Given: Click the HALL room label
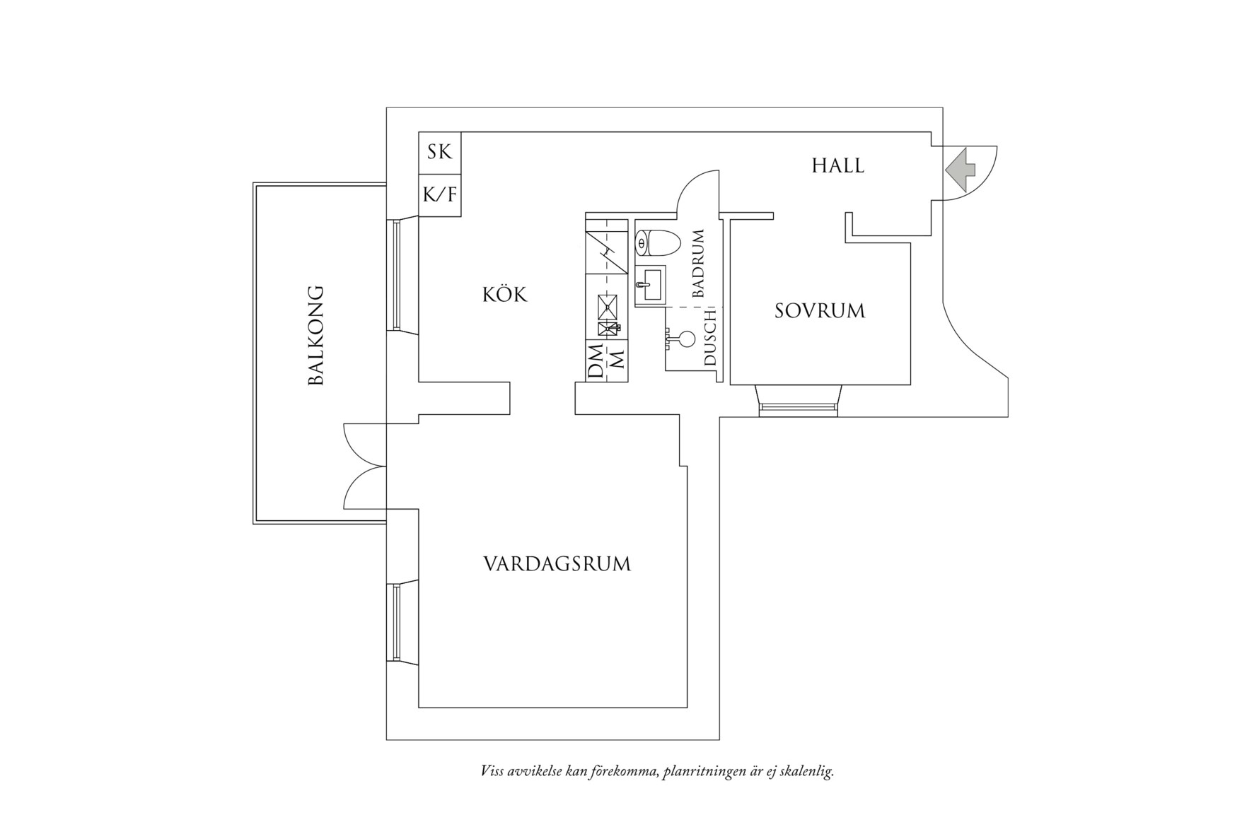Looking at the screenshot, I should pyautogui.click(x=837, y=165).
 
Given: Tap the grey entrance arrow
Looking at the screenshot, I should pyautogui.click(x=960, y=169).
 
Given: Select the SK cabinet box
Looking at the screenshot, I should pyautogui.click(x=439, y=152).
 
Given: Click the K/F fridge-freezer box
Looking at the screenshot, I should pyautogui.click(x=439, y=194).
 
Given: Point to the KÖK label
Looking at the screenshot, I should pyautogui.click(x=505, y=294).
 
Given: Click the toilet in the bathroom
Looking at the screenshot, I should pyautogui.click(x=657, y=243).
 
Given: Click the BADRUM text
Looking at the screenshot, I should pyautogui.click(x=699, y=263).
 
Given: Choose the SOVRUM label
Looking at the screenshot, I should pyautogui.click(x=820, y=311).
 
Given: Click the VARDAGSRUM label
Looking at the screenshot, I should pyautogui.click(x=557, y=564).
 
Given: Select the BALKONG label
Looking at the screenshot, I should pyautogui.click(x=316, y=335).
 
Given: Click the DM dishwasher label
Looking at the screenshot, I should pyautogui.click(x=596, y=363).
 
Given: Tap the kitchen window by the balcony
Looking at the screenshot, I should pyautogui.click(x=396, y=274).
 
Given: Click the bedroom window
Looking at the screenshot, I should pyautogui.click(x=798, y=408).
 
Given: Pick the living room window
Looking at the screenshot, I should pyautogui.click(x=396, y=621).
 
